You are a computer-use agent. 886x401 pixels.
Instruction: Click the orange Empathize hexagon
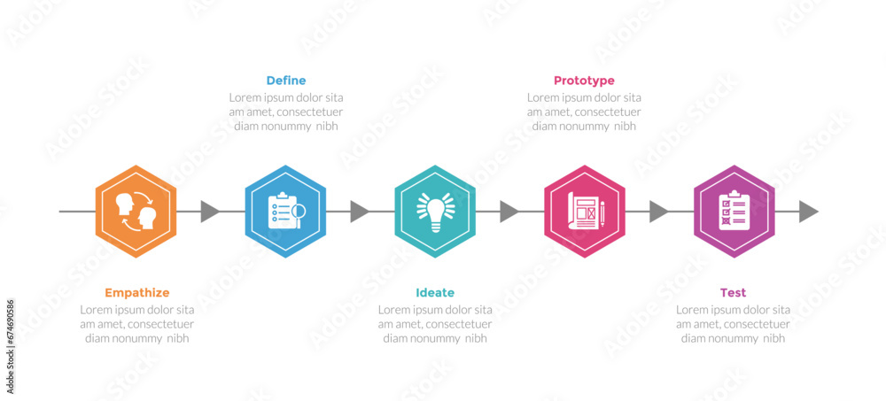[x=136, y=212]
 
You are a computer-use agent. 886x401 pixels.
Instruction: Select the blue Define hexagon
[x=285, y=212]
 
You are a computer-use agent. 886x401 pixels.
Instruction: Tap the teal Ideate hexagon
[x=435, y=212]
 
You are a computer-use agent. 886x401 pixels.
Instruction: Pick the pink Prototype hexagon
[x=585, y=212]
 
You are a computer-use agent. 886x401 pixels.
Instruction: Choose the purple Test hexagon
[x=734, y=212]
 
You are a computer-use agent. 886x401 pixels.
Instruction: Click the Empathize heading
[x=137, y=293]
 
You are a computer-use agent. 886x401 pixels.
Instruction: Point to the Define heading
[x=286, y=81]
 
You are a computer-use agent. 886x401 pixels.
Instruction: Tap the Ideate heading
[x=435, y=292]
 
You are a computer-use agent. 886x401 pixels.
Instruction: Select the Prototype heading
[x=584, y=81]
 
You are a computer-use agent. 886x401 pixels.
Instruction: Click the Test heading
[x=733, y=292]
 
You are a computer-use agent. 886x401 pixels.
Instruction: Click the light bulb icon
[x=436, y=212]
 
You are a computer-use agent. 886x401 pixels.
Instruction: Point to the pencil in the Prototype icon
[x=602, y=213]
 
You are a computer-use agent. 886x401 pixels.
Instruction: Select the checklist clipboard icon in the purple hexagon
[x=734, y=210]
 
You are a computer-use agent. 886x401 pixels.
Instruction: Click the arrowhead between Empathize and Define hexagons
[x=210, y=212]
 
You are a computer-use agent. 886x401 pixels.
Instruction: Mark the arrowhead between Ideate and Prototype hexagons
[x=509, y=212]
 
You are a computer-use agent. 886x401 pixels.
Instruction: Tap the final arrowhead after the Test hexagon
[x=809, y=212]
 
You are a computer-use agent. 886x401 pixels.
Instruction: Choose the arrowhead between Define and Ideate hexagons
[x=360, y=212]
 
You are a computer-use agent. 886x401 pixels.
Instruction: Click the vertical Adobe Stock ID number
[x=10, y=346]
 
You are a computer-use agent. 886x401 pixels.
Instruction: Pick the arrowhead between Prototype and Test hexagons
[x=659, y=212]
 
